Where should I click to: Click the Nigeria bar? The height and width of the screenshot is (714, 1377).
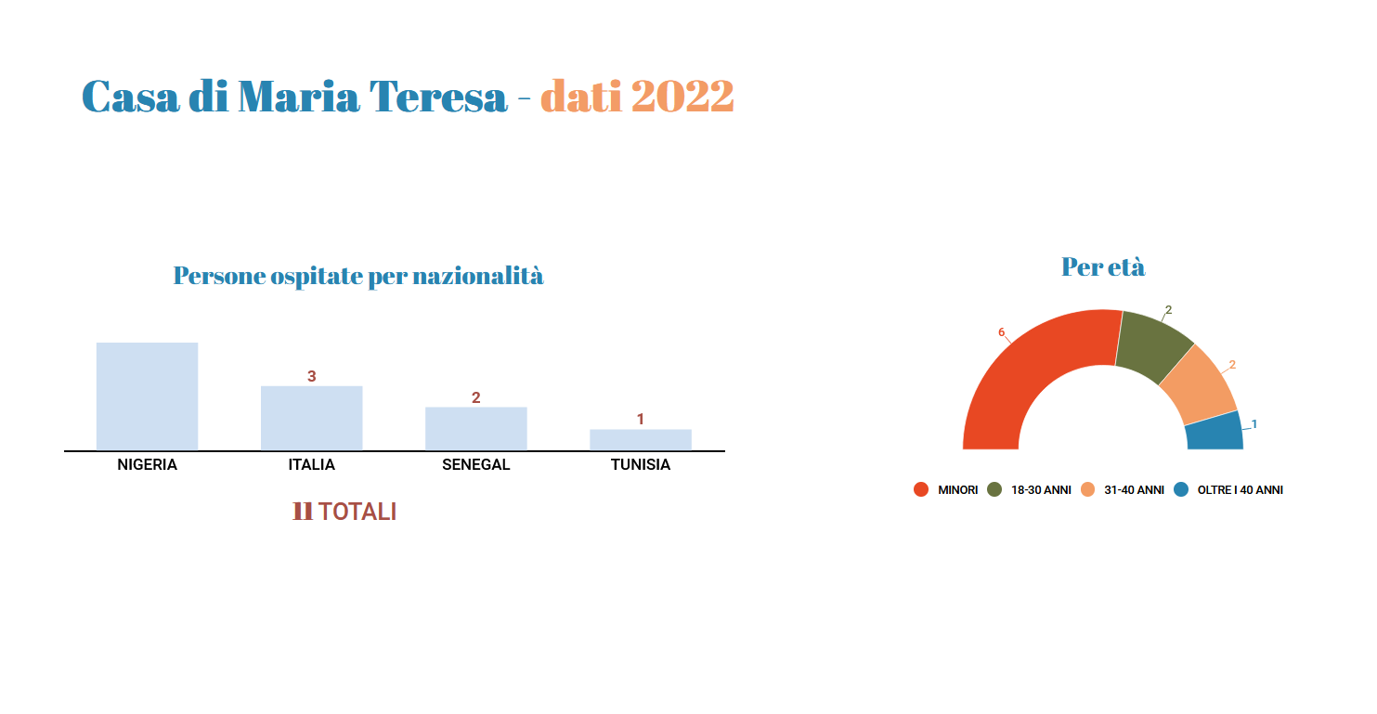[x=147, y=396]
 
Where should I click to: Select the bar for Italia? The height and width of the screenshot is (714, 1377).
[x=312, y=419]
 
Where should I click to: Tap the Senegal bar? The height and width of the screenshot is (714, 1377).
[x=475, y=429]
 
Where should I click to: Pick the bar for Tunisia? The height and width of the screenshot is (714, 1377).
[x=641, y=440]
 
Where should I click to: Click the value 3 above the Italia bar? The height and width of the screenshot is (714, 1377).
[x=312, y=376]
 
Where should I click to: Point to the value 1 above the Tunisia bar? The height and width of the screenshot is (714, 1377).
[x=640, y=419]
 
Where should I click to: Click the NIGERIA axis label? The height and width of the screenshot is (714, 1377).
[x=147, y=464]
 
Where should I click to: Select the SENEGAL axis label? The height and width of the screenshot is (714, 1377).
[x=475, y=464]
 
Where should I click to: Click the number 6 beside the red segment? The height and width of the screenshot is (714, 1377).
[x=1001, y=332]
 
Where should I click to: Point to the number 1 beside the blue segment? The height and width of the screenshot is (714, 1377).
[x=1254, y=424]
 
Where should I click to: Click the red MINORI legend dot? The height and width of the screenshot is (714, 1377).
[x=921, y=489]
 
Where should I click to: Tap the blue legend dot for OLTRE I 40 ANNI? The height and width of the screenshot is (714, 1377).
[x=1181, y=489]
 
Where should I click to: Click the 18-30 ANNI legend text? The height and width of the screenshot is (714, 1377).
[x=1041, y=490]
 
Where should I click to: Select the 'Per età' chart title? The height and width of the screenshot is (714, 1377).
[x=1103, y=267]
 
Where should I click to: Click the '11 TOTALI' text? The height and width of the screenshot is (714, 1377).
[x=344, y=512]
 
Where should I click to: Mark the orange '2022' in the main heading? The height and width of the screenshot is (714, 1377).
[x=682, y=97]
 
